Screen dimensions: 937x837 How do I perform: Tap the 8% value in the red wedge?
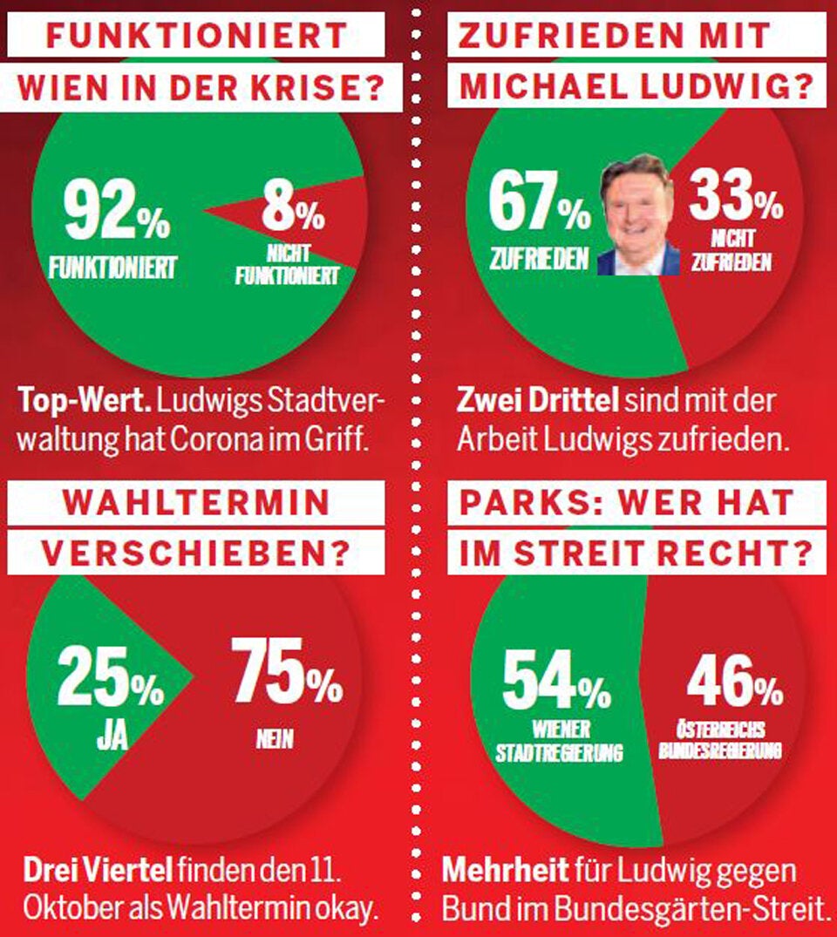[x=292, y=211]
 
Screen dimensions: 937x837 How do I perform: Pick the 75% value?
[x=286, y=673]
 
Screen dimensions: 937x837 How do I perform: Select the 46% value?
[x=734, y=682]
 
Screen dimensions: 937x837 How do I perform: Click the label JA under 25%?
[x=112, y=735]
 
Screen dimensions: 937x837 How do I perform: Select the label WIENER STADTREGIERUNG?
[x=559, y=741]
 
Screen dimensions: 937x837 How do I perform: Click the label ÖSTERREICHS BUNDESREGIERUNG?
[x=719, y=740]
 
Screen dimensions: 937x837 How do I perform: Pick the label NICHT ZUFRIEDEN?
[x=732, y=251]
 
